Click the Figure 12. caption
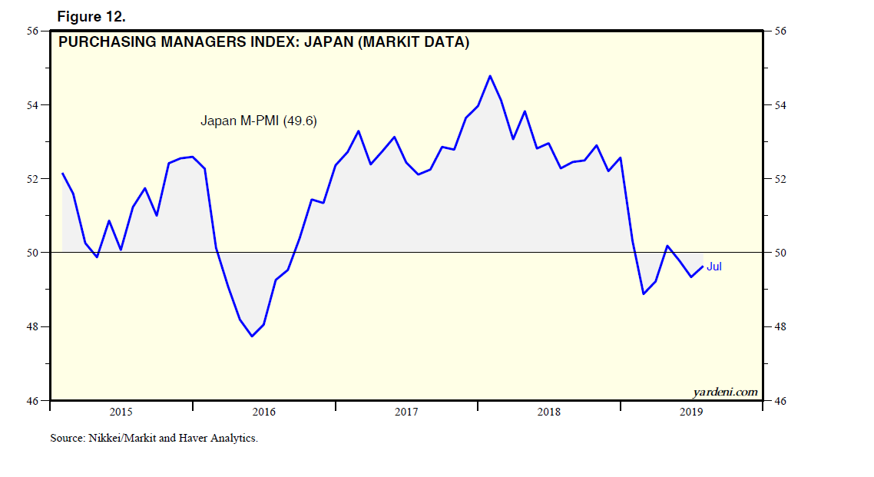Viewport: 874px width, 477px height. click(91, 16)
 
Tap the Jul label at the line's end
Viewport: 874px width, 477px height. click(714, 267)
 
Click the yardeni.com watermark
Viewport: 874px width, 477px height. click(725, 393)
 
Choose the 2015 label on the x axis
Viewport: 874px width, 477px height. click(121, 412)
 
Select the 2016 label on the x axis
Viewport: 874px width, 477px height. click(263, 412)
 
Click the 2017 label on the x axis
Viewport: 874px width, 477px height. click(406, 412)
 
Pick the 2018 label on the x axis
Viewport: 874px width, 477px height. click(548, 412)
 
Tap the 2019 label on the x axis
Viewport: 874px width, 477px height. click(690, 412)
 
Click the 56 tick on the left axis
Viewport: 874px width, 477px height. click(33, 31)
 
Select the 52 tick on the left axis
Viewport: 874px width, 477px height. click(33, 179)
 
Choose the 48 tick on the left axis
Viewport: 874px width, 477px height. click(33, 326)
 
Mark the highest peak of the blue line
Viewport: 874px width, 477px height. click(490, 76)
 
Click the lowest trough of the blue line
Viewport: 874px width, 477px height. click(252, 336)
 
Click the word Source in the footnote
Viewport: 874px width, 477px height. click(67, 439)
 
